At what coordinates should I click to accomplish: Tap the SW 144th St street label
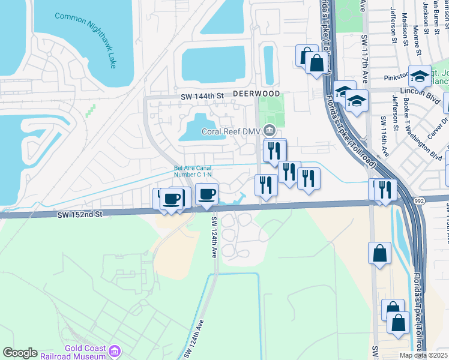(x=202, y=95)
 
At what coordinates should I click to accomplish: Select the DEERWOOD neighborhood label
(x=256, y=94)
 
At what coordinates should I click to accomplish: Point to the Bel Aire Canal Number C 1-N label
(x=194, y=171)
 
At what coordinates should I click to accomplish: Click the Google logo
(x=20, y=353)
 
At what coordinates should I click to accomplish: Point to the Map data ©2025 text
(x=423, y=355)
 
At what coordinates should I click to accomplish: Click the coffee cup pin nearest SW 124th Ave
(x=206, y=195)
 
